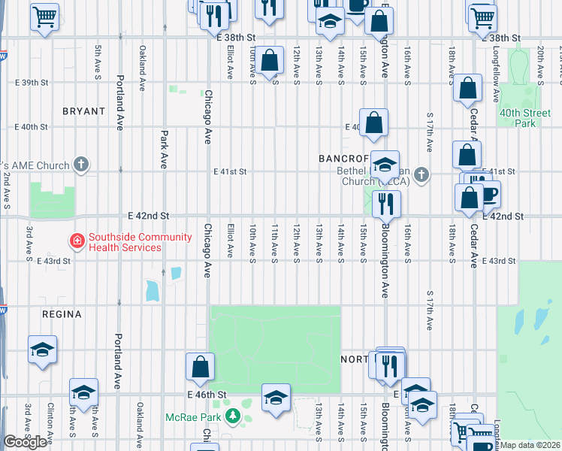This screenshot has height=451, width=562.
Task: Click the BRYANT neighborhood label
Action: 83,110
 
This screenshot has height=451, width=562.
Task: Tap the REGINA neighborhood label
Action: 62,315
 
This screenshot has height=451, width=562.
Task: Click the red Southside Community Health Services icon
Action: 77,241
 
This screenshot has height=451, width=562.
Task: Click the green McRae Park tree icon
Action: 234,416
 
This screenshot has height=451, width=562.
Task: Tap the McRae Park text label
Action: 197,416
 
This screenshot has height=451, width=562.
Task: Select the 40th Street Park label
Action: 518,118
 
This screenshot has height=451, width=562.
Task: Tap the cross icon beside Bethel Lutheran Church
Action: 421,175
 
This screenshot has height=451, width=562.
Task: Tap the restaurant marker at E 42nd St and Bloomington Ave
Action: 386,203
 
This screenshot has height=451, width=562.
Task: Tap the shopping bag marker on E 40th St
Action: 373,123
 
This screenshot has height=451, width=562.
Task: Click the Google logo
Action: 25,442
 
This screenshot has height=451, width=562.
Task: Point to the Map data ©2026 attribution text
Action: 530,445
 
